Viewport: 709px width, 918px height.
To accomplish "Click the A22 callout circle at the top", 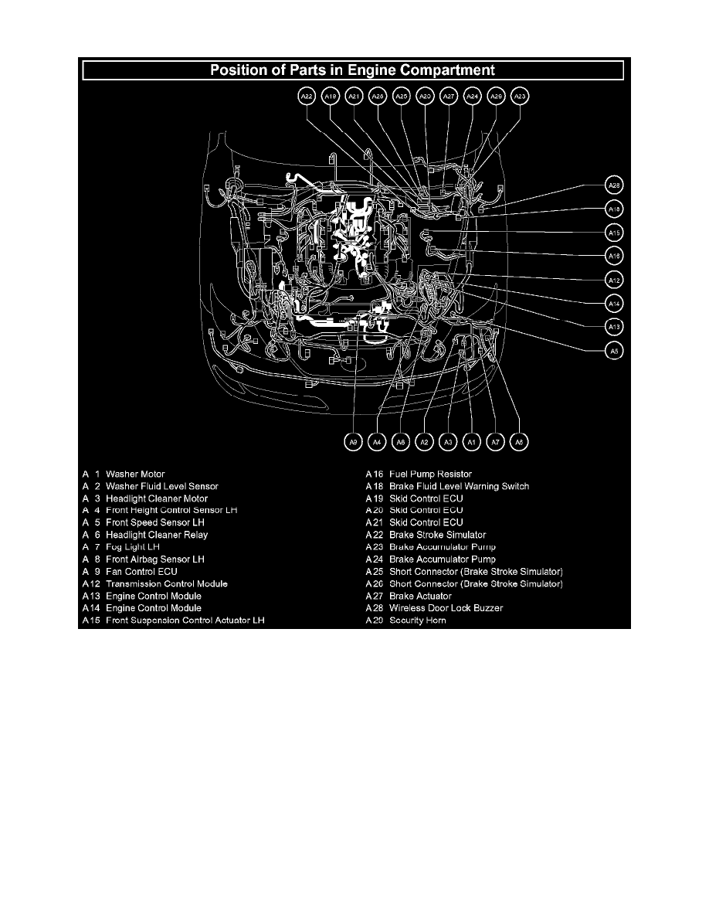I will (x=307, y=97).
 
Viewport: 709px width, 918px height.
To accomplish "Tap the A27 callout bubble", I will (x=449, y=97).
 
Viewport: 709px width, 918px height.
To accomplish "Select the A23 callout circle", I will (x=520, y=97).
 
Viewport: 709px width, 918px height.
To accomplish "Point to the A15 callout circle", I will (x=613, y=233).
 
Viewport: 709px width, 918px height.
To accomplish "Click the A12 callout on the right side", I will (x=613, y=280).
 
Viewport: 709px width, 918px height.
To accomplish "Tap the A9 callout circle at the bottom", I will (x=352, y=442).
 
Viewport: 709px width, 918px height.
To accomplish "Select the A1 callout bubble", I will (x=471, y=442).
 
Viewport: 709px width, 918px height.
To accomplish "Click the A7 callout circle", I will (x=495, y=442).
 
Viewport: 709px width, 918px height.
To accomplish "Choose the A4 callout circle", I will (x=376, y=442).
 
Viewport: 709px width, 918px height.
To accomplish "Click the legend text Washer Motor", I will (x=135, y=474).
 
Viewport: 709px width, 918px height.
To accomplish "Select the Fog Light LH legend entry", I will (x=133, y=547).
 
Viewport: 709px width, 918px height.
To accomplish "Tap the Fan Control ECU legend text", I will (x=141, y=572).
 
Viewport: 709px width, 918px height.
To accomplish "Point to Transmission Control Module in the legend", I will (x=167, y=584).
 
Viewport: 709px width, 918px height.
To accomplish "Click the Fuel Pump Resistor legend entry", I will (x=430, y=474).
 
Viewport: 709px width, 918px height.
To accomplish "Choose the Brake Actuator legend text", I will (x=420, y=597).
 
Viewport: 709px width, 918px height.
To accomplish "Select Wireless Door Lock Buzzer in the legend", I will (x=446, y=608).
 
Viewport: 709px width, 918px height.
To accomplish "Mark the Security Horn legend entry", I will (x=417, y=620).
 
